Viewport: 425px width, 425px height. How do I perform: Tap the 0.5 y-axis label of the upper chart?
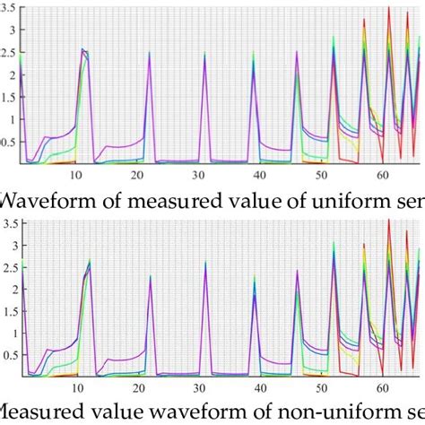point(9,141)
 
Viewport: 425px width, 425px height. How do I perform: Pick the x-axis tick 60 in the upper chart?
point(382,175)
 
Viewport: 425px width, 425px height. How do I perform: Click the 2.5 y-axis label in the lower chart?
point(9,266)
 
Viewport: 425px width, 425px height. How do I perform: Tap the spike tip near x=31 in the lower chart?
point(204,263)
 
